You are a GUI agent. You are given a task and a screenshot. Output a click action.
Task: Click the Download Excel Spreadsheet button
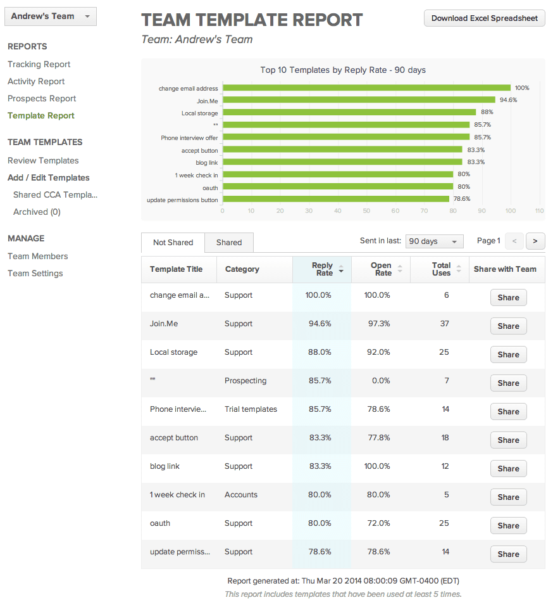click(x=484, y=18)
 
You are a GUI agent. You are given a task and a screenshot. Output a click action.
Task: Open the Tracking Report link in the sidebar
click(x=39, y=64)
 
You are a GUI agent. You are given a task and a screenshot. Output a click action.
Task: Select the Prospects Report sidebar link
click(x=42, y=98)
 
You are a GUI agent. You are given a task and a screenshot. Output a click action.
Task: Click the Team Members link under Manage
click(x=38, y=256)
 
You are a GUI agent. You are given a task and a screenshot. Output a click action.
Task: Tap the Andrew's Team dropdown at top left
click(x=50, y=16)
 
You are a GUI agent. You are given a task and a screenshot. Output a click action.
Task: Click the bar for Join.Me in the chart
click(x=358, y=99)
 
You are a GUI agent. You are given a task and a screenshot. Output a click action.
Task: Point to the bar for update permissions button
click(x=335, y=199)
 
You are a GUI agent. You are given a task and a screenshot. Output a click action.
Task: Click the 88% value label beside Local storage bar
click(x=487, y=112)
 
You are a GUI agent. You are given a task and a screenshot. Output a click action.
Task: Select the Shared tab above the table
click(x=229, y=243)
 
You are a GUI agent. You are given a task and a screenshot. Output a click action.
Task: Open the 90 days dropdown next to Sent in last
click(x=434, y=241)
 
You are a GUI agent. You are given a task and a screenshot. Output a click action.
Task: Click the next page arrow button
click(x=535, y=241)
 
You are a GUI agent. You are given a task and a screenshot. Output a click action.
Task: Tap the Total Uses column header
click(x=441, y=269)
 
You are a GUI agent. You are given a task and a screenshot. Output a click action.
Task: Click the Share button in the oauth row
click(x=508, y=526)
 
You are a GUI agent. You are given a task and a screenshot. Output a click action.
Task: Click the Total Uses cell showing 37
click(x=445, y=324)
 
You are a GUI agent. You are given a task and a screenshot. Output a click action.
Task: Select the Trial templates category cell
click(x=251, y=409)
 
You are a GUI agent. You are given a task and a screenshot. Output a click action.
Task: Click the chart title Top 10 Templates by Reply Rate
click(x=342, y=70)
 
